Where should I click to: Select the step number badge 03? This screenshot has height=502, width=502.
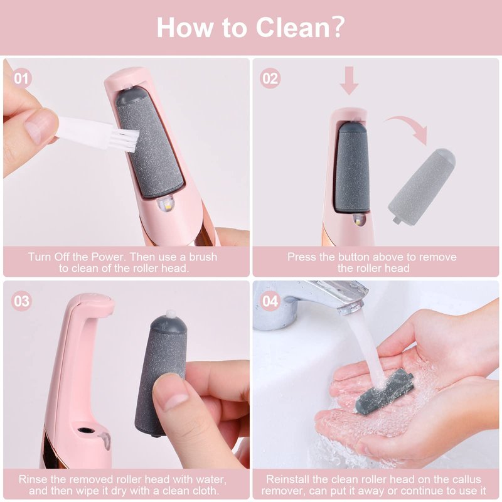(21, 301)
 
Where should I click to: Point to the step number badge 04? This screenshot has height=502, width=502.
(270, 301)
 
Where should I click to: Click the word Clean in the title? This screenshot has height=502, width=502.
(294, 28)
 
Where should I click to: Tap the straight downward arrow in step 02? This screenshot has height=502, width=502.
(349, 80)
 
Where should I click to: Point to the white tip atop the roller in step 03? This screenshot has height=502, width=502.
(171, 314)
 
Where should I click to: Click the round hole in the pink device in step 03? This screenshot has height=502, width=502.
(86, 430)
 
